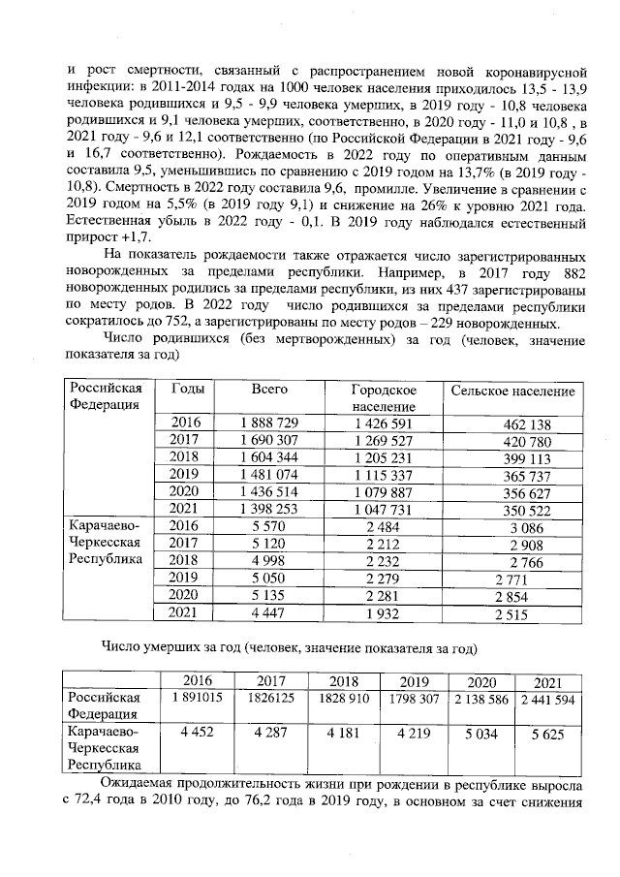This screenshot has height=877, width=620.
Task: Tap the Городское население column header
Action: pos(384,397)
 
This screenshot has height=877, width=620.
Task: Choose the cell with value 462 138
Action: pos(521,423)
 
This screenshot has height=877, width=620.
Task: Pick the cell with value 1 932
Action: pos(384,612)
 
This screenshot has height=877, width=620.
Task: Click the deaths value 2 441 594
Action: pos(547,699)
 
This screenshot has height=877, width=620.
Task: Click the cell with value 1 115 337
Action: pos(384,475)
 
